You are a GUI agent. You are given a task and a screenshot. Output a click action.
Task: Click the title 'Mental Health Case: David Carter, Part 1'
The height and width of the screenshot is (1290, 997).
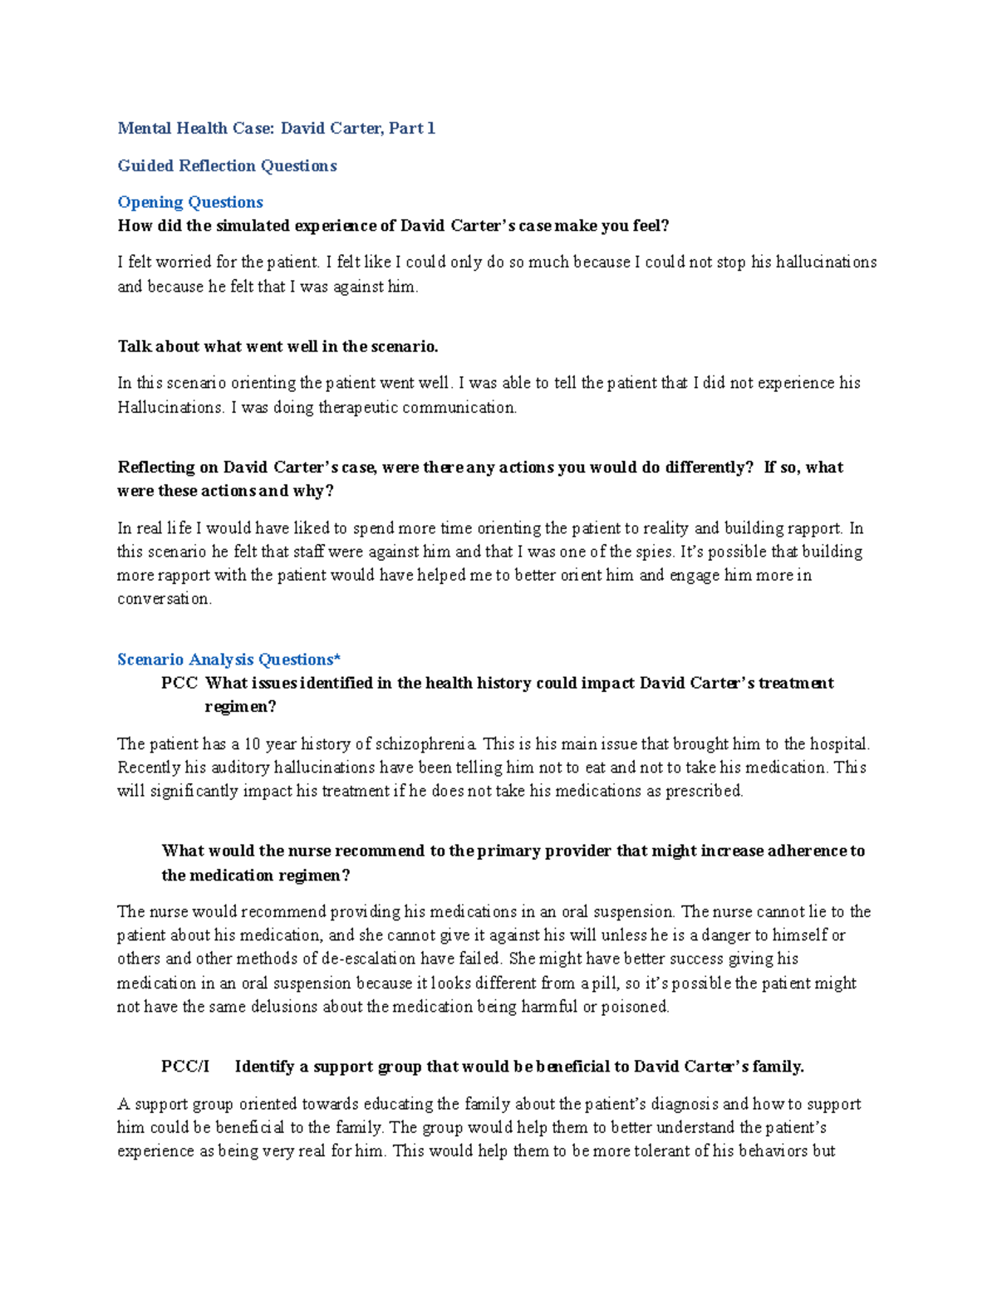pyautogui.click(x=276, y=128)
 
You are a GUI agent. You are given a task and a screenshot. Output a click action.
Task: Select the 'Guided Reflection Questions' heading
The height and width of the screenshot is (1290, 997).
pyautogui.click(x=227, y=165)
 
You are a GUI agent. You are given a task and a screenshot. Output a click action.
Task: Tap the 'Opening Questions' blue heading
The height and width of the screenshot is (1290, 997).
pyautogui.click(x=190, y=202)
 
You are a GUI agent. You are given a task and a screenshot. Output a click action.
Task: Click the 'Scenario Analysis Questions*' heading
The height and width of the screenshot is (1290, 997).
pyautogui.click(x=228, y=660)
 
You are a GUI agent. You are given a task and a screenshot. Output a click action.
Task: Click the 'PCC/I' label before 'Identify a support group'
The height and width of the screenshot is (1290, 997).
pyautogui.click(x=185, y=1067)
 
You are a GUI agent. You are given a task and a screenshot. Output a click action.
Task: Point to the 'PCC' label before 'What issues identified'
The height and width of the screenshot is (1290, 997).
pyautogui.click(x=179, y=683)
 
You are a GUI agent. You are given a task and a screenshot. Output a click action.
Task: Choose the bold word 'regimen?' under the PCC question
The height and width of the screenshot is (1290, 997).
pyautogui.click(x=240, y=707)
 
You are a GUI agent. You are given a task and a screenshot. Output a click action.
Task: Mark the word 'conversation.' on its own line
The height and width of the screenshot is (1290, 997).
pyautogui.click(x=165, y=599)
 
